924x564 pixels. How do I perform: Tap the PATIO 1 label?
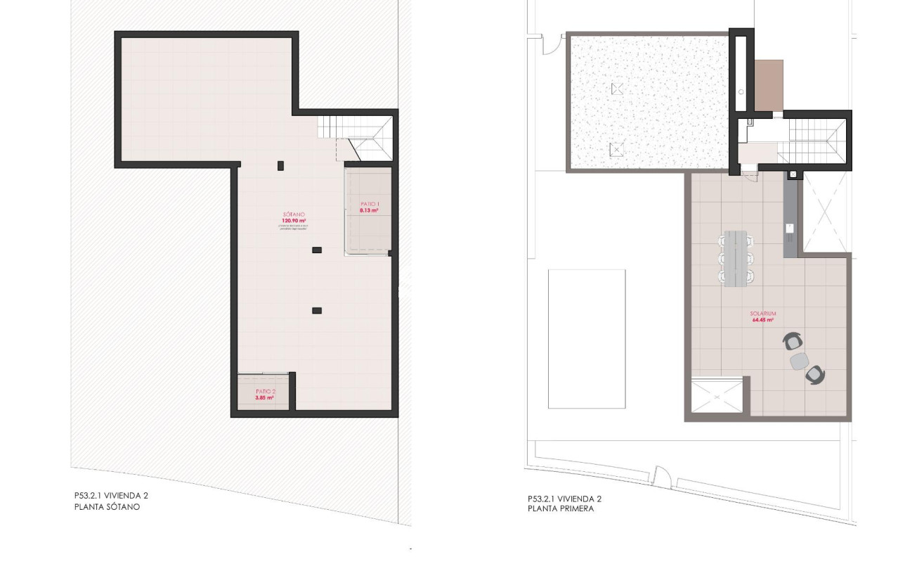click(x=369, y=204)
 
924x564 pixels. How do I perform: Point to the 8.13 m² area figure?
click(x=369, y=210)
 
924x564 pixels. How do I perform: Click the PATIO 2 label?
click(x=264, y=392)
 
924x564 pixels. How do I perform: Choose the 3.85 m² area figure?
click(x=264, y=398)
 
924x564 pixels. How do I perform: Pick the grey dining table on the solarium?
click(x=736, y=257)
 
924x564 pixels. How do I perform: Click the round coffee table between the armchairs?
click(x=800, y=361)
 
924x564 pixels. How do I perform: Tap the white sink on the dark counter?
click(x=790, y=227)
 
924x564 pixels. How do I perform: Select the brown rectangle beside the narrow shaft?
click(x=769, y=85)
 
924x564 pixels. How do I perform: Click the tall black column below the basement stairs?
click(x=280, y=166)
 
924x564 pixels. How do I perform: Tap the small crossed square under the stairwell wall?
click(x=793, y=174)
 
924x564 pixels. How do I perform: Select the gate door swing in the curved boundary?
click(x=661, y=476)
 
